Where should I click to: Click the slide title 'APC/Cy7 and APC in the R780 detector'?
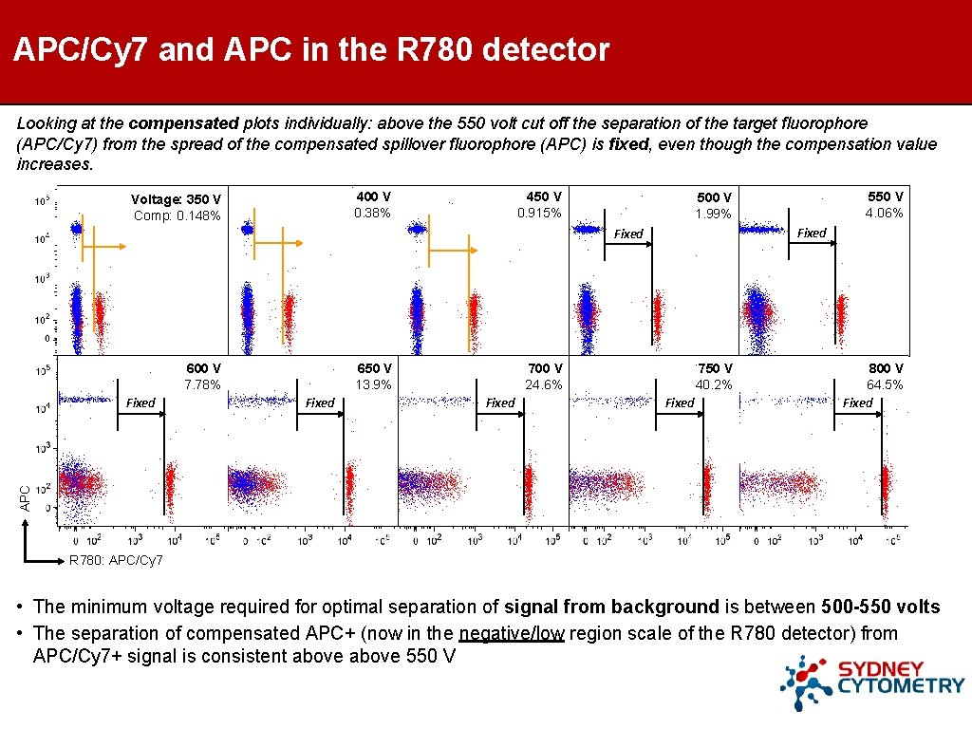point(311,49)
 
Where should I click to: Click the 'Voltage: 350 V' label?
point(176,199)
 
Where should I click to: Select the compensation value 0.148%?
point(177,216)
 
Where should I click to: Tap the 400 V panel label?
point(373,196)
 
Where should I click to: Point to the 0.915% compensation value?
point(539,213)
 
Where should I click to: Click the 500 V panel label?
point(714,197)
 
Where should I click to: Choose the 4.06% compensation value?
point(884,213)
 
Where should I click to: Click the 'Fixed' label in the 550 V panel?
point(811,233)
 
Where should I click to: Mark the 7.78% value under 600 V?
point(202,384)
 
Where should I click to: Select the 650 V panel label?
point(374,368)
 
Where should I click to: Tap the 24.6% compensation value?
point(544,384)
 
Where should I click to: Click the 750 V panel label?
point(714,368)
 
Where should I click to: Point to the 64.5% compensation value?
point(885,384)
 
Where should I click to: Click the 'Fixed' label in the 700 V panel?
point(500,403)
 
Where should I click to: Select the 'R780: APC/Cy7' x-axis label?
point(116,561)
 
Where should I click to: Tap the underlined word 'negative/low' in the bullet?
point(511,633)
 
